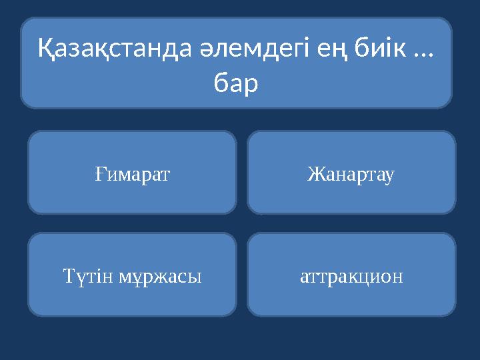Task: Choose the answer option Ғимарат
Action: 132,174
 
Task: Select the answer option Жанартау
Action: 351,174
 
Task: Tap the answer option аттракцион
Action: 351,275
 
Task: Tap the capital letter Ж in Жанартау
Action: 314,174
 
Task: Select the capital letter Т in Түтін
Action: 67,275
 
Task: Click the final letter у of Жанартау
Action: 392,175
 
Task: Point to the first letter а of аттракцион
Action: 304,276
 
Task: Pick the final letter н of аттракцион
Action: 399,276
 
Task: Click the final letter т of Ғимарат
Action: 167,175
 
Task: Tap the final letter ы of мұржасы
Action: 196,276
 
